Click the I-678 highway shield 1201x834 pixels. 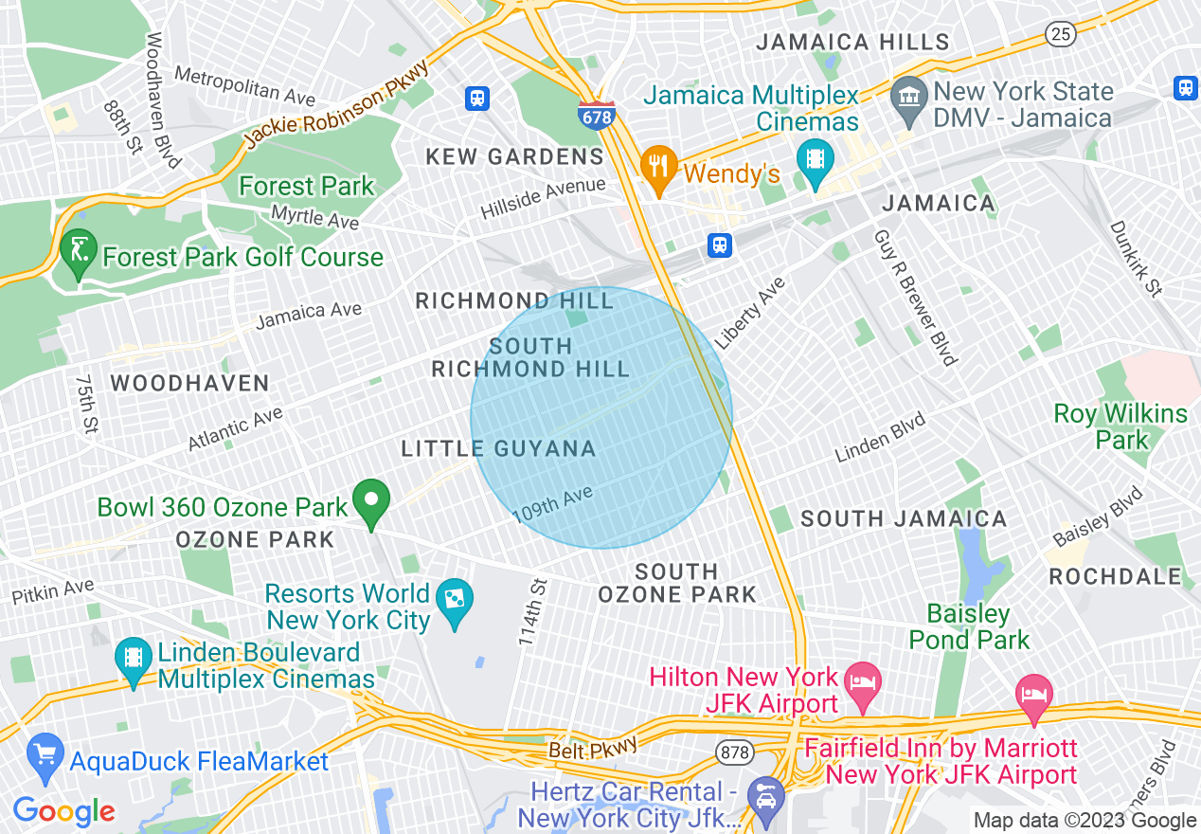click(x=596, y=116)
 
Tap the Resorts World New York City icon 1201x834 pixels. click(x=455, y=600)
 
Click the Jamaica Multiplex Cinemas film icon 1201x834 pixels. click(x=815, y=157)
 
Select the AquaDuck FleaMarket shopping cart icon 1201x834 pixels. click(x=45, y=754)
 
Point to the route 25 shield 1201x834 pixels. click(x=1060, y=34)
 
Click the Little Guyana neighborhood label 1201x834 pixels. click(x=498, y=449)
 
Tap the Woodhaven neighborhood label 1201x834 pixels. click(x=190, y=384)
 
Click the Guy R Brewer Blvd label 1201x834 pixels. click(x=915, y=296)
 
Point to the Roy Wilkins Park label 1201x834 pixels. click(x=1120, y=426)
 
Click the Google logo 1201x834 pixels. click(x=63, y=811)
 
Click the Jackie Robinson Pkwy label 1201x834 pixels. click(x=335, y=104)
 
